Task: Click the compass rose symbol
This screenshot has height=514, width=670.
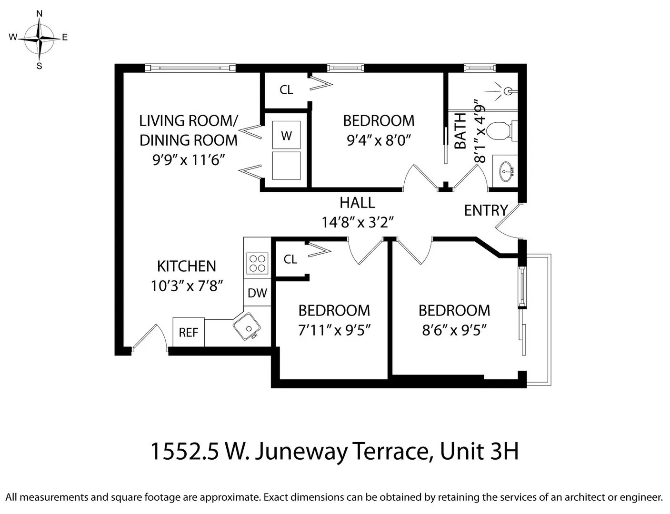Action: click(40, 38)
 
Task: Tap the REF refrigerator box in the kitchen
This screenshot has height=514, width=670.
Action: click(188, 332)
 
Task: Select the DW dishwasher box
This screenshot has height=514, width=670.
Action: click(257, 293)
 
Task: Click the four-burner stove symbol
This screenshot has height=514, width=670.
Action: click(257, 263)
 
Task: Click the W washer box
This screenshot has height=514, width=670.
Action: click(286, 136)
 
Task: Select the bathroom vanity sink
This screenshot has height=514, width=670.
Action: click(506, 168)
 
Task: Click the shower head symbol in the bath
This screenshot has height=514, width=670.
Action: click(507, 90)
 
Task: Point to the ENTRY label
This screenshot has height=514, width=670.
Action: click(486, 210)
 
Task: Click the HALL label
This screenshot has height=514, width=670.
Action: click(357, 203)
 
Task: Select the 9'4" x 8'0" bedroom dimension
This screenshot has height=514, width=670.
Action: click(379, 140)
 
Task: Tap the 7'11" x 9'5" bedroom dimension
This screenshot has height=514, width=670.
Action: click(334, 330)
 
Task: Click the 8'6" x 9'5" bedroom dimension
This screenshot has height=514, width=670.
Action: click(454, 330)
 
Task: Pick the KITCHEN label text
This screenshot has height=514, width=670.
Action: click(186, 266)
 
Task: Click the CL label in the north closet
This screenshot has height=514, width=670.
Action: click(286, 90)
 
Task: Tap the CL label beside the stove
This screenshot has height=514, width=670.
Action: click(290, 259)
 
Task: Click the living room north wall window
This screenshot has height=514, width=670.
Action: click(190, 68)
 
